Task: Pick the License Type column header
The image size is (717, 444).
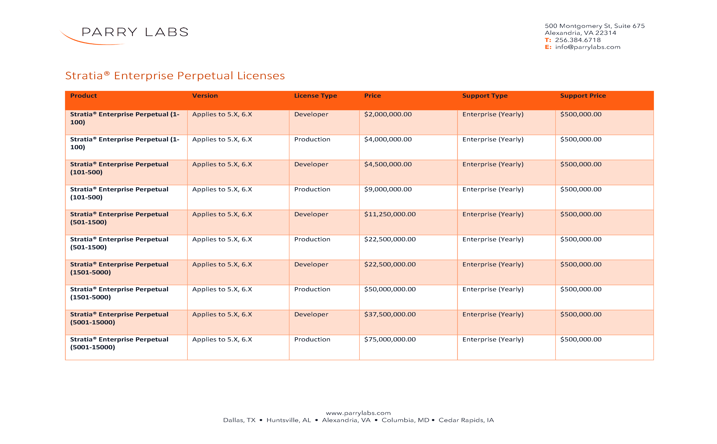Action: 315,96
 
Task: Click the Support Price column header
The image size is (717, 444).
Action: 583,96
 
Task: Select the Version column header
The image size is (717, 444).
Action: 205,96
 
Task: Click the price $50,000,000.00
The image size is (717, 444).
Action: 390,289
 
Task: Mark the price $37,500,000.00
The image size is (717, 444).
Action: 390,314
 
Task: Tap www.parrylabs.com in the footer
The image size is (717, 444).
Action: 358,413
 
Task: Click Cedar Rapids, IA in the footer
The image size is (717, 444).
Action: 466,420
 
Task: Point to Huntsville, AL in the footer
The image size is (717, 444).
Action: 289,420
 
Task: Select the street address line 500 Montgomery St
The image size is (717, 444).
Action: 594,26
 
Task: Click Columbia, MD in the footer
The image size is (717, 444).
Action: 405,420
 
